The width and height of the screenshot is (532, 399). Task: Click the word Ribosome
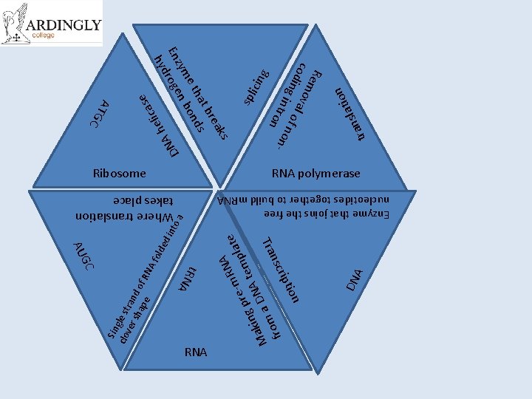point(119,174)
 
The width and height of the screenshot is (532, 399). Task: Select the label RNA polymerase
point(316,174)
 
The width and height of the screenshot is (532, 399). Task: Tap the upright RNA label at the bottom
point(196,352)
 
